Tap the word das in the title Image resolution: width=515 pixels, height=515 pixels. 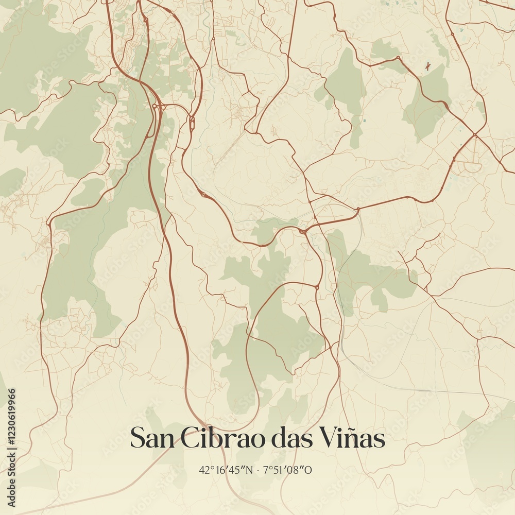point(291,439)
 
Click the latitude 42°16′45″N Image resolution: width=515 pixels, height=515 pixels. point(226,470)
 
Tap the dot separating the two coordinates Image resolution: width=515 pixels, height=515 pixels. point(259,470)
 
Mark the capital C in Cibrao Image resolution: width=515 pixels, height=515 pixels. point(190,439)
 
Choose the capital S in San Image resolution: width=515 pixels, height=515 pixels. point(137,439)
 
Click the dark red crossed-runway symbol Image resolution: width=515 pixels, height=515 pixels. point(427,65)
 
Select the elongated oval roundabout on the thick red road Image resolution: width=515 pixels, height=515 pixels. point(192,123)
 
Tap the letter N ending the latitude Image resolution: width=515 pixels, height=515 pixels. point(249,470)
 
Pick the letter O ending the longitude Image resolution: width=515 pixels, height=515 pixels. point(308,470)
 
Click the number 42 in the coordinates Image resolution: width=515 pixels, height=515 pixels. point(204,470)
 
